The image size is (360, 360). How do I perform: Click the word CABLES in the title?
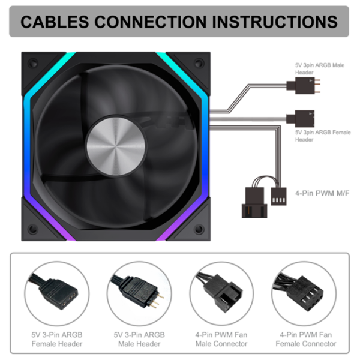tap(55, 22)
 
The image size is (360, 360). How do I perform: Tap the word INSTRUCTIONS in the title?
tap(275, 22)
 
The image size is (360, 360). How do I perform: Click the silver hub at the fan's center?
tap(116, 146)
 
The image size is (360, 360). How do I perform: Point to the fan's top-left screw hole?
tap(33, 63)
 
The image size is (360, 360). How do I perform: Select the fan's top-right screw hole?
tap(199, 63)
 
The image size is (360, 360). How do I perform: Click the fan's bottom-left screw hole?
tap(33, 229)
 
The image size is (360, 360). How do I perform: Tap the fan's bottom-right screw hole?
tap(199, 229)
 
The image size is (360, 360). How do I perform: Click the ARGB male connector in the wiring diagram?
tap(303, 86)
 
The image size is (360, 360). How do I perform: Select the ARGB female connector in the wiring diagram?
tap(301, 119)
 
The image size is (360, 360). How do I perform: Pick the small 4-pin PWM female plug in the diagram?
tap(278, 196)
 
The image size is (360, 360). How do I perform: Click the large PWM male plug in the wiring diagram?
tap(254, 202)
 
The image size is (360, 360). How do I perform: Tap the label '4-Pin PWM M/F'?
tap(322, 193)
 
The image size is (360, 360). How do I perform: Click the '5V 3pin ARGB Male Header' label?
tap(320, 68)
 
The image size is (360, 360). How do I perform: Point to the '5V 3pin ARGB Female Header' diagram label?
tap(323, 136)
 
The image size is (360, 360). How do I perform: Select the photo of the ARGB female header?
tap(57, 293)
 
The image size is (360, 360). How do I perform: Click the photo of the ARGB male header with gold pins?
tap(139, 293)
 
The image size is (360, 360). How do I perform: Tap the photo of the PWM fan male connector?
tap(222, 293)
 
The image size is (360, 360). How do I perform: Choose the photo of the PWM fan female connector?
tap(304, 293)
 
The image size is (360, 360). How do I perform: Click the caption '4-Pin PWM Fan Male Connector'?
tap(221, 340)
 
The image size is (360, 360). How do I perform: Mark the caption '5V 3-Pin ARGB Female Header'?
tap(57, 340)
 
